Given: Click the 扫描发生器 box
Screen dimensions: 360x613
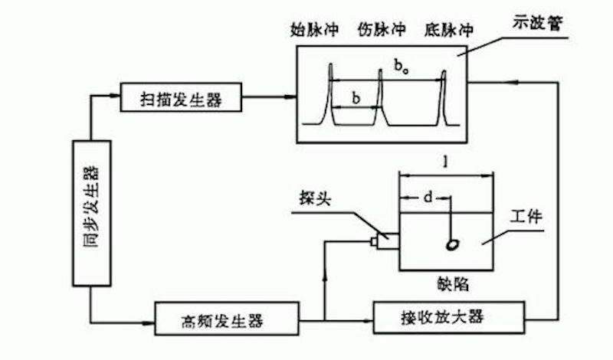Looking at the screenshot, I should pyautogui.click(x=182, y=98).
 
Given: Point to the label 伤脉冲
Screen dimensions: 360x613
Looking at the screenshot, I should pyautogui.click(x=381, y=31).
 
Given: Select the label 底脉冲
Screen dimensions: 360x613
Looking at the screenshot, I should pyautogui.click(x=449, y=31).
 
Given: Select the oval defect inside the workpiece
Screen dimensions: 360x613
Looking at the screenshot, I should pyautogui.click(x=454, y=244).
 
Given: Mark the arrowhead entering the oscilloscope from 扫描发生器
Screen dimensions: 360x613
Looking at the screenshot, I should pyautogui.click(x=290, y=98).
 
